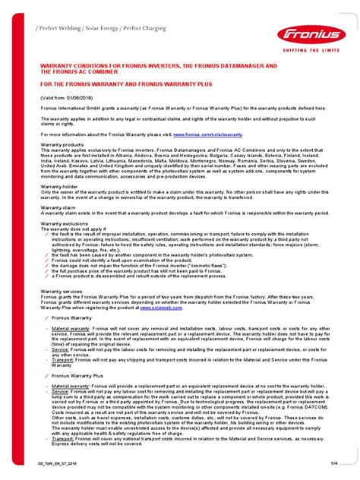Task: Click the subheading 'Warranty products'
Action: coord(62,144)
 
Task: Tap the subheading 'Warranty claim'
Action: coord(58,207)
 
